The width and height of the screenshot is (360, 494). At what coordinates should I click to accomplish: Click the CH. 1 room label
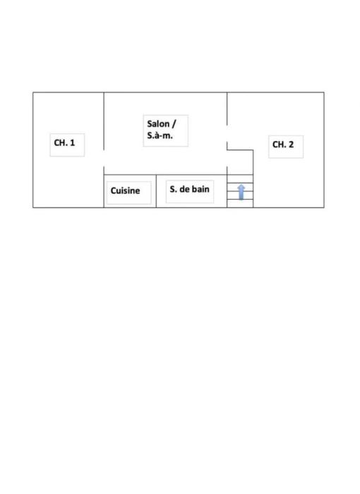pos(64,143)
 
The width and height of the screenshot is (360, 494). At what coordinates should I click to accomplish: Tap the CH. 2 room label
pos(283,144)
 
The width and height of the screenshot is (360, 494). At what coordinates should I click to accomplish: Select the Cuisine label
pos(125,191)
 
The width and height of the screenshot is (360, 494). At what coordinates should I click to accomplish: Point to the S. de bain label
pos(189,189)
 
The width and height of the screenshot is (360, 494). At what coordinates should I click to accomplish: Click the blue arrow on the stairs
pos(241,192)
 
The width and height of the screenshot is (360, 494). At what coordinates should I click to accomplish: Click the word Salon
pos(158,123)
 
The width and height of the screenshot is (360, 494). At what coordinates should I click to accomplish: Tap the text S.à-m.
pos(160,135)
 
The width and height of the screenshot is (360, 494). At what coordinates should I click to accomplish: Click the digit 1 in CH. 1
pos(72,143)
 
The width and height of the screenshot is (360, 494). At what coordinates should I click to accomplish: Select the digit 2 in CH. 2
pos(291,144)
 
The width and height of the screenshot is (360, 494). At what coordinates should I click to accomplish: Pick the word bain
pos(200,189)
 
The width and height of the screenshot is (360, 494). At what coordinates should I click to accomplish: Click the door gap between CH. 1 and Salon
pos(104,158)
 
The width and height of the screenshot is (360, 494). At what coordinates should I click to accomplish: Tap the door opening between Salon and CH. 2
pos(227,133)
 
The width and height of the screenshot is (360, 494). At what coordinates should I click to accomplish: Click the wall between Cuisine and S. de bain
pos(156,191)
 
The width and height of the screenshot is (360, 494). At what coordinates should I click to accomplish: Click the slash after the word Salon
pos(174,123)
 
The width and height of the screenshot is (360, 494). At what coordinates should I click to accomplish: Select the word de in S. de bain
pos(184,189)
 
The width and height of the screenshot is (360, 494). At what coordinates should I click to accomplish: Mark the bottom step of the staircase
pos(240,203)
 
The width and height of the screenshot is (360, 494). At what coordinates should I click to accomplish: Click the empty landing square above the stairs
pos(240,162)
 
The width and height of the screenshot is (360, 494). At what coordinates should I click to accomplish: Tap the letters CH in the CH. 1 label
pos(59,143)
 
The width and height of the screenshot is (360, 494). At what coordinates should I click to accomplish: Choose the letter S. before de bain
pos(173,189)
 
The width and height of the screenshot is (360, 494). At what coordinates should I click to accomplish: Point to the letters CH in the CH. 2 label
pos(277,144)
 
